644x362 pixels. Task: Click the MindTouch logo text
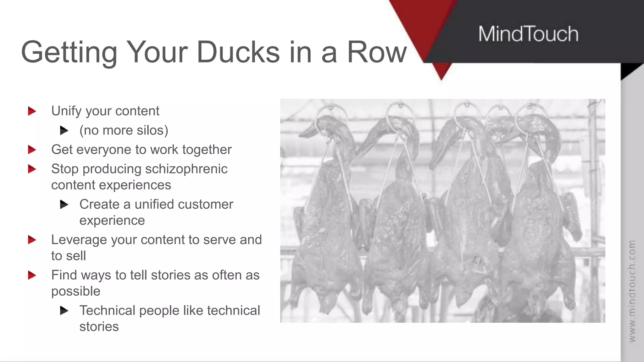[528, 34]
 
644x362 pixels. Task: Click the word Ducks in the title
[238, 52]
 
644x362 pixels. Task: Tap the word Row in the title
[377, 52]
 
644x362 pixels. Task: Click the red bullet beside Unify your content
[32, 111]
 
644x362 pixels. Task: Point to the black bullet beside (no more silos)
[64, 130]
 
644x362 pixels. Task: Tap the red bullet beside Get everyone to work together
[32, 150]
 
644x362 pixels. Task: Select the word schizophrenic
[186, 169]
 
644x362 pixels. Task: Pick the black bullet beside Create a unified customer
[64, 205]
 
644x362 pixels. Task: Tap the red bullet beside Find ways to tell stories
[32, 275]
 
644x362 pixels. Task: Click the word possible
[76, 291]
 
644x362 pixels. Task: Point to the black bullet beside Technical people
[64, 311]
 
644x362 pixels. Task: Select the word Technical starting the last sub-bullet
[107, 311]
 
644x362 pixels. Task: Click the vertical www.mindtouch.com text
[632, 291]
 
